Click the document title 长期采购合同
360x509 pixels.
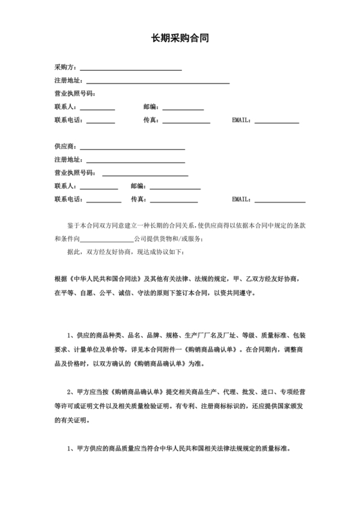pyautogui.click(x=180, y=39)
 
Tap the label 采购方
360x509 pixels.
pyautogui.click(x=66, y=67)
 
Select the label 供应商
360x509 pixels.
pyautogui.click(x=66, y=147)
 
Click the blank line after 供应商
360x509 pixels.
pyautogui.click(x=132, y=148)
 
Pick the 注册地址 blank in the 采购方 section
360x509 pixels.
pyautogui.click(x=158, y=82)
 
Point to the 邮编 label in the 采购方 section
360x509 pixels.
pyautogui.click(x=151, y=107)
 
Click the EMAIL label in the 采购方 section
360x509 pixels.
pyautogui.click(x=242, y=120)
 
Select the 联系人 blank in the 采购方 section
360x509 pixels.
pyautogui.click(x=96, y=109)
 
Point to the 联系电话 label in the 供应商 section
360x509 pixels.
pyautogui.click(x=68, y=199)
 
